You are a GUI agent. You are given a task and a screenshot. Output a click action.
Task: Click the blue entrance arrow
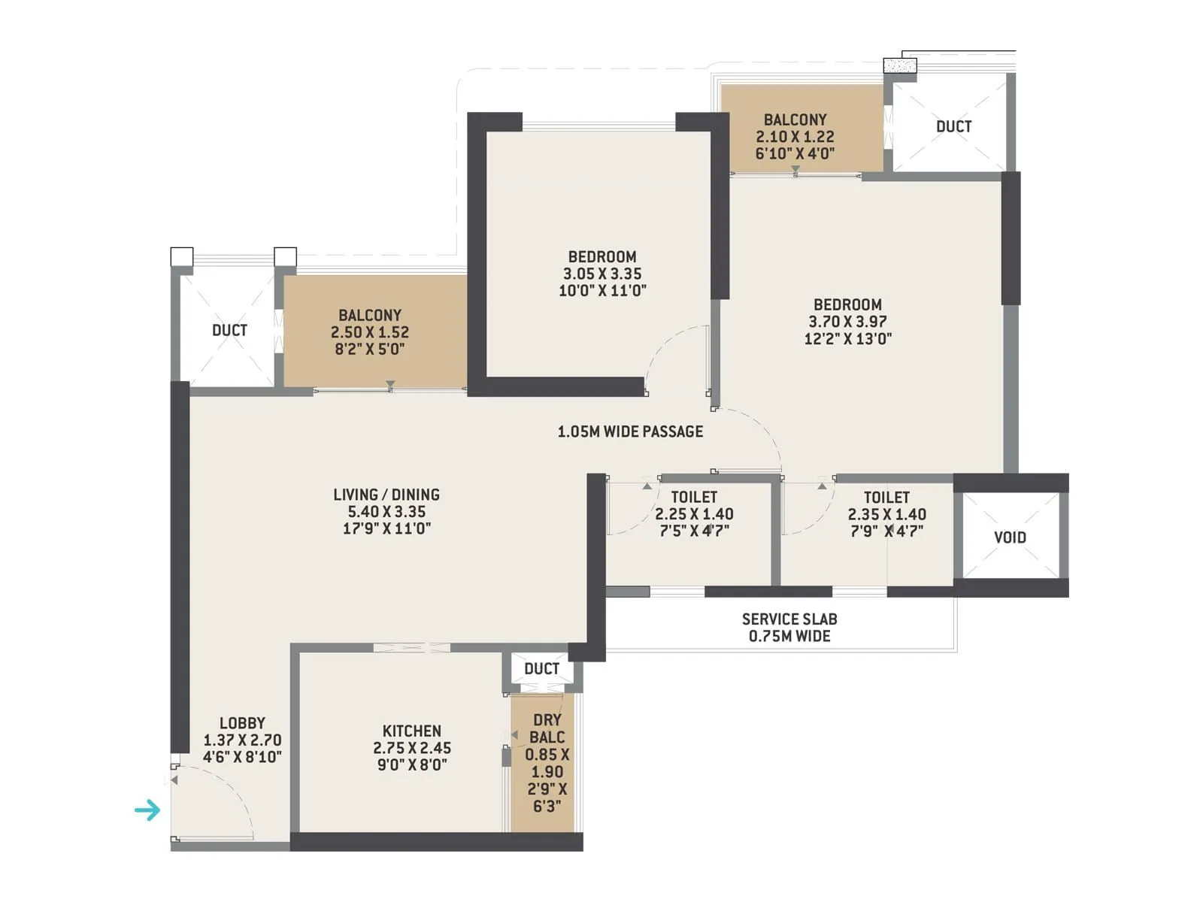pyautogui.click(x=147, y=810)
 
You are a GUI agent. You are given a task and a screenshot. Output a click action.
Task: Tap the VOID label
pyautogui.click(x=1010, y=537)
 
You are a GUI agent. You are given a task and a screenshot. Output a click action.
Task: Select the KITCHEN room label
pyautogui.click(x=411, y=731)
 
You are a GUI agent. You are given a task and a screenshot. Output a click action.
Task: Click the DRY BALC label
pyautogui.click(x=547, y=728)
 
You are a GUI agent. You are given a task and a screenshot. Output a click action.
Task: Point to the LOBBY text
pyautogui.click(x=242, y=723)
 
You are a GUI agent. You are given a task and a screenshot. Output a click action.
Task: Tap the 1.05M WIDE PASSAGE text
pyautogui.click(x=630, y=431)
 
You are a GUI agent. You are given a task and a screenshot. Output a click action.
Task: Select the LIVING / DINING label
pyautogui.click(x=386, y=495)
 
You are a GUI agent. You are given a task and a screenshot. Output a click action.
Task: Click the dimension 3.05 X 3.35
pyautogui.click(x=602, y=274)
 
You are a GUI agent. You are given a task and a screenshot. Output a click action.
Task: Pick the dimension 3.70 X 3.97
pyautogui.click(x=847, y=322)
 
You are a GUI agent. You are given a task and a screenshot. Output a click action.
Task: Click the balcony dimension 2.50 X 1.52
pyautogui.click(x=370, y=332)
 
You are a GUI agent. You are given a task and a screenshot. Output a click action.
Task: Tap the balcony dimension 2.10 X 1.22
pyautogui.click(x=795, y=137)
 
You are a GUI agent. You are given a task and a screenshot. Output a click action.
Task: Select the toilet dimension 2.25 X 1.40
pyautogui.click(x=694, y=514)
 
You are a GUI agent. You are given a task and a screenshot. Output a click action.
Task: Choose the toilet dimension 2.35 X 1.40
pyautogui.click(x=886, y=515)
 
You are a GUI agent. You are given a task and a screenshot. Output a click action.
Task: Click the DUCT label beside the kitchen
pyautogui.click(x=541, y=669)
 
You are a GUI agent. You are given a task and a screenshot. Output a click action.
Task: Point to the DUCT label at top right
pyautogui.click(x=953, y=126)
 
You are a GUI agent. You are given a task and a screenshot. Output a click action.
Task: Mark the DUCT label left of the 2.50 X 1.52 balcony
pyautogui.click(x=229, y=330)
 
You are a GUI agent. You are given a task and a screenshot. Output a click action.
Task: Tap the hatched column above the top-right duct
pyautogui.click(x=900, y=66)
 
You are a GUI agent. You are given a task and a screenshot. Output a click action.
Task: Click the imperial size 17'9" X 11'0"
pyautogui.click(x=386, y=528)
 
